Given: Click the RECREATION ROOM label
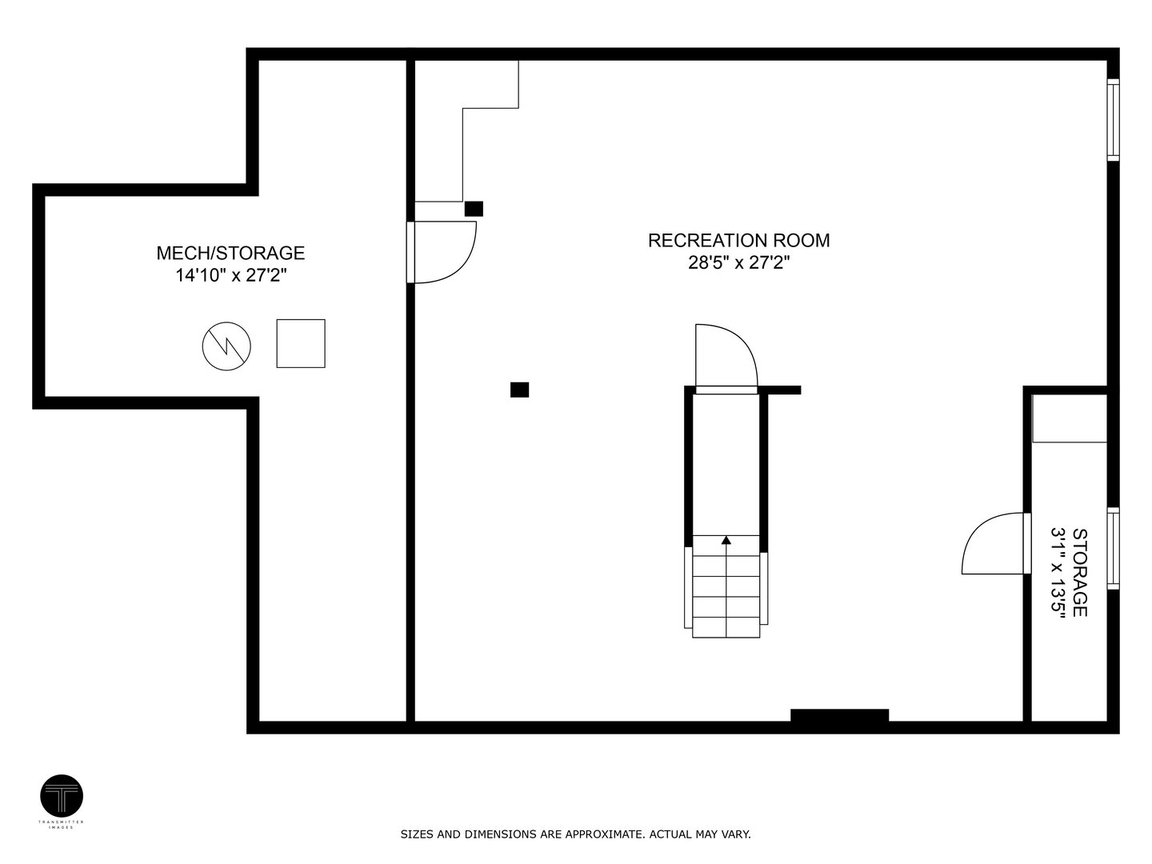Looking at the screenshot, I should coord(738,240).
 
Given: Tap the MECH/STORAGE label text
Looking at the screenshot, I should coord(230,253).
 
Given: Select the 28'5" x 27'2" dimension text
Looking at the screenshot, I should coord(738,262).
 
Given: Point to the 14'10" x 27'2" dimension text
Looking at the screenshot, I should coord(230,276).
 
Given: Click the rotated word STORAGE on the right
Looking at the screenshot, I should coord(1079,572).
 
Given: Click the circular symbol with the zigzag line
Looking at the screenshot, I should coord(226,346).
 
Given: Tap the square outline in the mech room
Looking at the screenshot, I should coord(301,343).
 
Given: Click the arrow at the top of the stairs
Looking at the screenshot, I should coord(726,541).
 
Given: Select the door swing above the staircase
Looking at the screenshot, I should coord(725,357).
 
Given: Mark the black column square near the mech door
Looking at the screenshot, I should coord(474,209).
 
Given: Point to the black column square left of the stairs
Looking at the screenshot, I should coord(519,390).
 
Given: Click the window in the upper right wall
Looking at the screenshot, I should coord(1113,119).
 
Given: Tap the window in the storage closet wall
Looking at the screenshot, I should coord(1113,548).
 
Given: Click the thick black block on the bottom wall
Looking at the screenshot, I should coord(839,716).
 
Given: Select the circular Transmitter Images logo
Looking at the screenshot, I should coord(62,796).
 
